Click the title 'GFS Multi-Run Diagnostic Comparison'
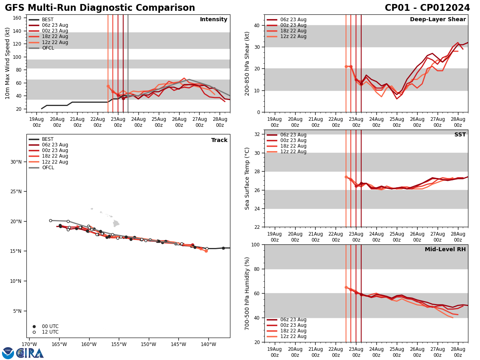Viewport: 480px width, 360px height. point(100,8)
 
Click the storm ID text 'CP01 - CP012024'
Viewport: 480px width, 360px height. point(427,8)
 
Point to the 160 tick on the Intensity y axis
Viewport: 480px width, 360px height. point(18,18)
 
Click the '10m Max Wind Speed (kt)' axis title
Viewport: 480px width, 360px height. point(8,63)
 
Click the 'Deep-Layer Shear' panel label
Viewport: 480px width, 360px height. point(438,20)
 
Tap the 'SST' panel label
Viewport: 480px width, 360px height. point(460,135)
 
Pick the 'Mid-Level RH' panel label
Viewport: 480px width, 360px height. point(445,250)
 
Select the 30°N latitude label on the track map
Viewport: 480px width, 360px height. point(16,162)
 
